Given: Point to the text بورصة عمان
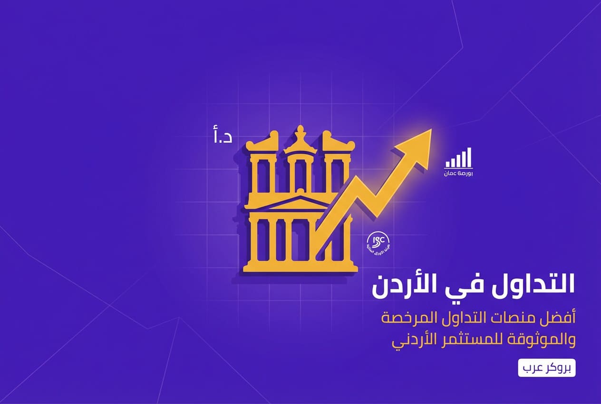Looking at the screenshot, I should (458, 174).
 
